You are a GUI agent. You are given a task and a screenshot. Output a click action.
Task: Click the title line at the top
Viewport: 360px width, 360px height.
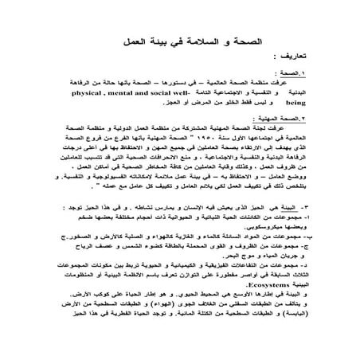[179, 39]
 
